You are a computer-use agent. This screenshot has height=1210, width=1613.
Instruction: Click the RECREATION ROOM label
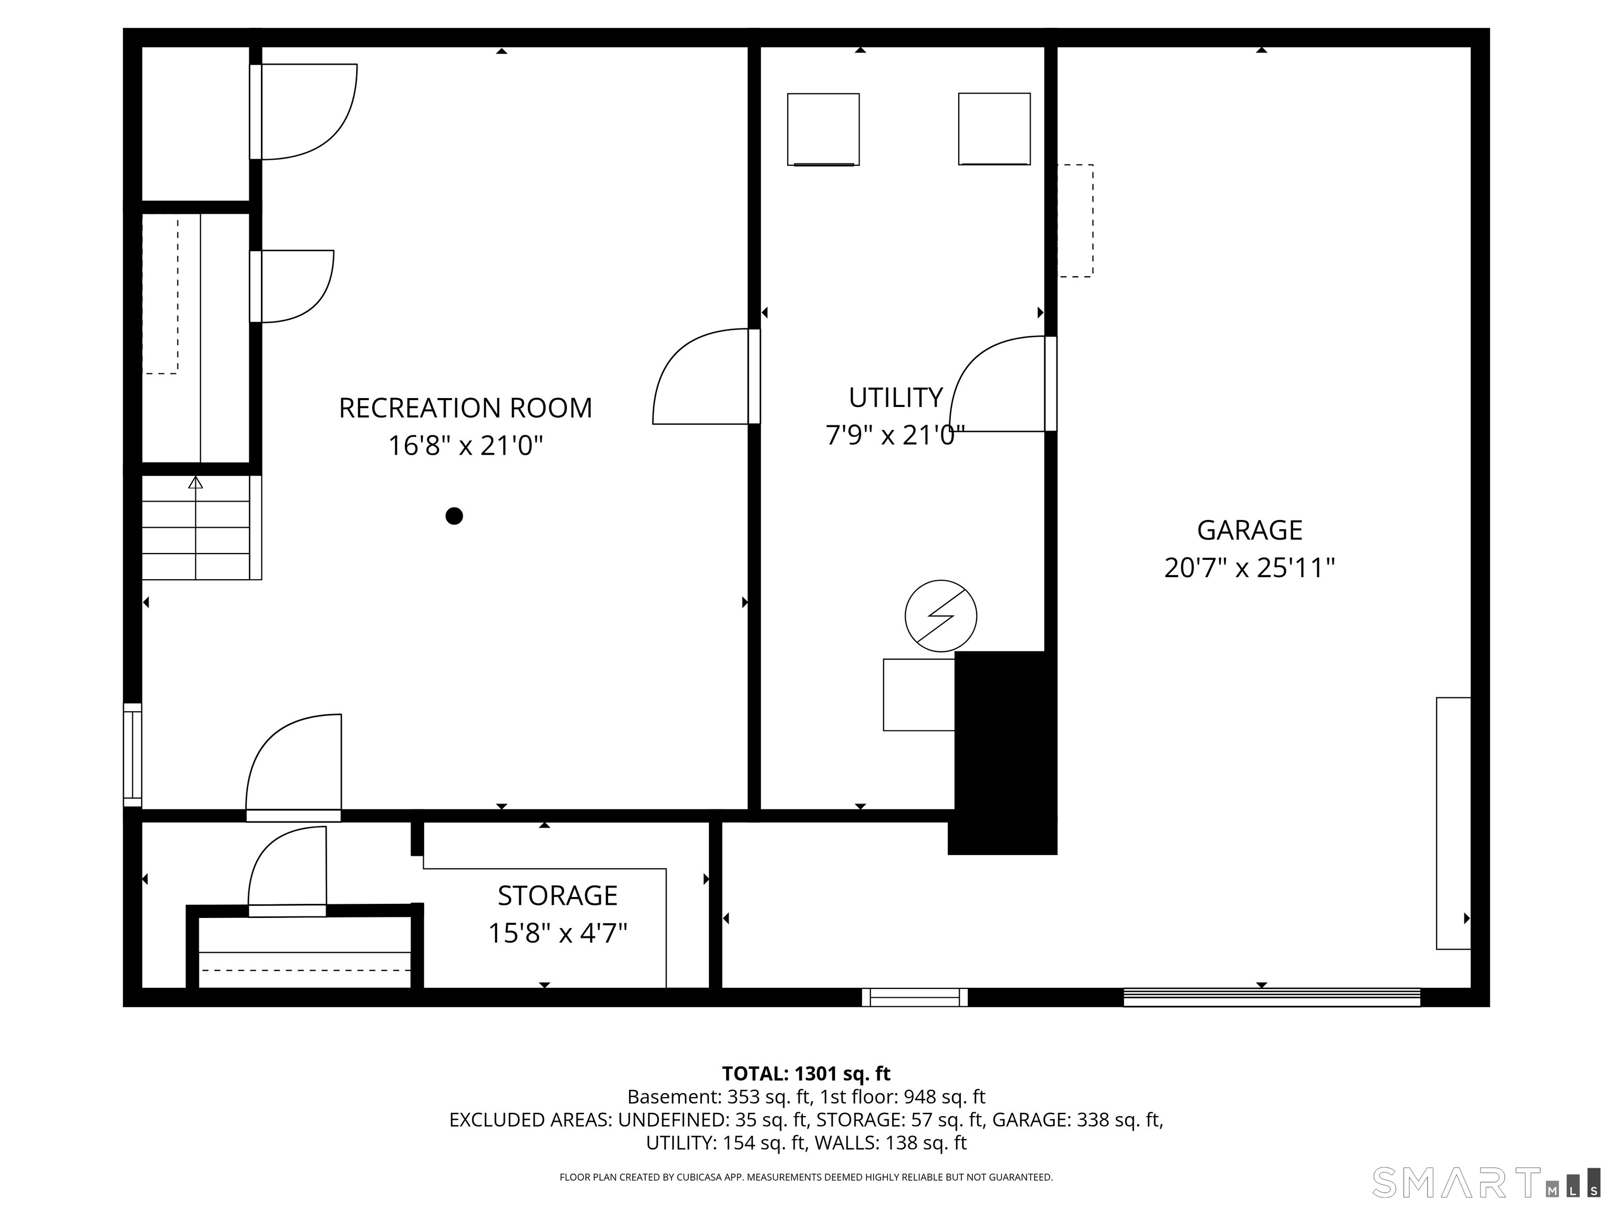(465, 408)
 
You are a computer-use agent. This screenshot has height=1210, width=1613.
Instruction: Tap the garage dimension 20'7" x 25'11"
(1249, 567)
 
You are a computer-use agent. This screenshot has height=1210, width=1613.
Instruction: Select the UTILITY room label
(895, 398)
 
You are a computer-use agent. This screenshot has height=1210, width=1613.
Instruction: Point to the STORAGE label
(557, 895)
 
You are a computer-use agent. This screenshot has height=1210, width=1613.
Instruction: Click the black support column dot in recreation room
(454, 516)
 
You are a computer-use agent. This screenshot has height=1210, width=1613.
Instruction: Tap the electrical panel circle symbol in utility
(941, 616)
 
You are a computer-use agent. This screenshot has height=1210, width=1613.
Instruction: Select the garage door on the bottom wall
(1272, 997)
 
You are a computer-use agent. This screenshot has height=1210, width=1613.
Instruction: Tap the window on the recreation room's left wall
(132, 755)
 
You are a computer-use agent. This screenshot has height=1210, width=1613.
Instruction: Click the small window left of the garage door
(915, 997)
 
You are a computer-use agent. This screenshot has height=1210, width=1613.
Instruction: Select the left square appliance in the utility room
(823, 130)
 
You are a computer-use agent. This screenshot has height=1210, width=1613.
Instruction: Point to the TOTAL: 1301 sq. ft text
(806, 1073)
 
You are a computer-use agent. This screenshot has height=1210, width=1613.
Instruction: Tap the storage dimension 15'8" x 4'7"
(557, 933)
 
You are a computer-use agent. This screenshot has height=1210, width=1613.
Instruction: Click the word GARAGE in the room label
(1249, 530)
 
